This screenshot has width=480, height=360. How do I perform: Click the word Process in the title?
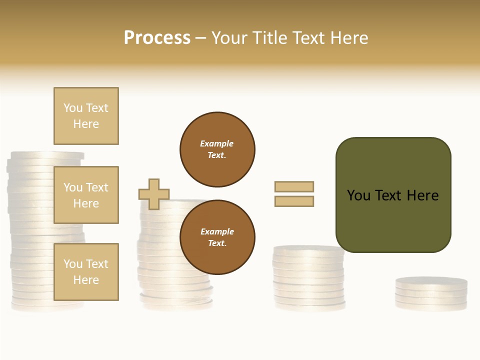[157, 38]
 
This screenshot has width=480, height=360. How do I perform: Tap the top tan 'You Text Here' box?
[86, 116]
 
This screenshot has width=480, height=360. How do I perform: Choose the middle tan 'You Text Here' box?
[86, 195]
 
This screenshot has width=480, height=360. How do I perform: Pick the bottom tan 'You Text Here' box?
[86, 272]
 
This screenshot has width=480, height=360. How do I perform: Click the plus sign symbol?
[154, 194]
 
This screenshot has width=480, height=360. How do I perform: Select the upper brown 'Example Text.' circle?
[217, 149]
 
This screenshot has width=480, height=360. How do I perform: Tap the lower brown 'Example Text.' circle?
[217, 237]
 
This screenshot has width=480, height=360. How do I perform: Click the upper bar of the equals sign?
[294, 186]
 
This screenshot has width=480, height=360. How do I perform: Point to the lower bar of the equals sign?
[294, 201]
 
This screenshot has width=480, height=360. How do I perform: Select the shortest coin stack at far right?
[431, 294]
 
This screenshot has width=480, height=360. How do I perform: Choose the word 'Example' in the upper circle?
[216, 143]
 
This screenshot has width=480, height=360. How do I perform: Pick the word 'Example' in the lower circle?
[217, 231]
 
